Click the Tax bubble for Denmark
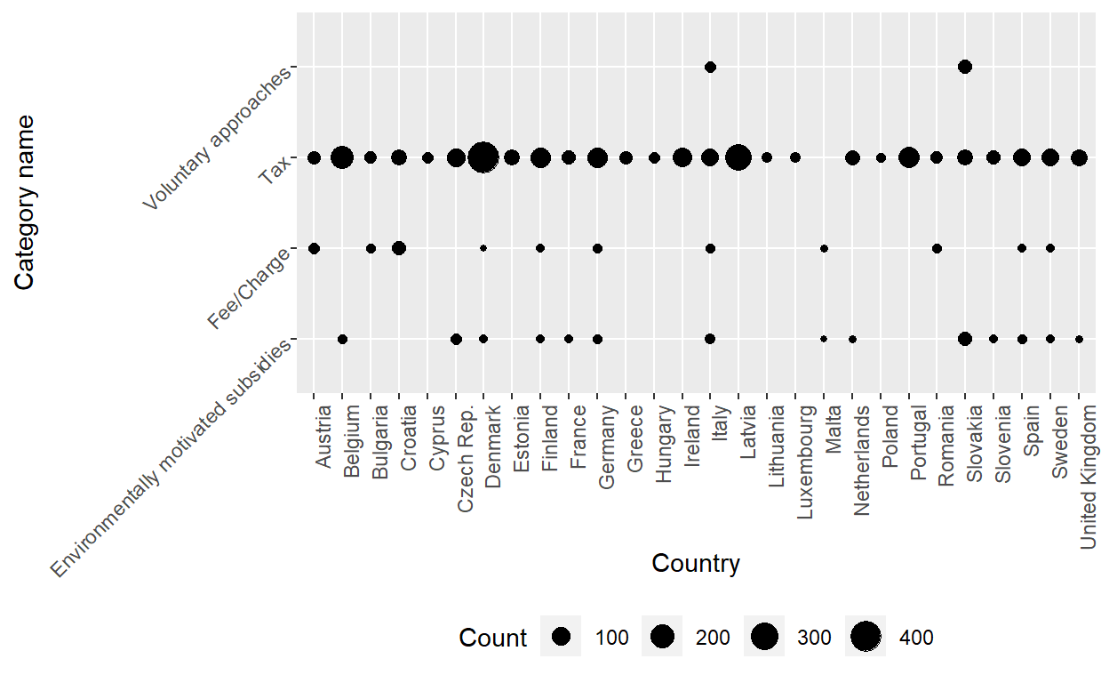click(x=483, y=157)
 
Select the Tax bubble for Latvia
click(x=738, y=157)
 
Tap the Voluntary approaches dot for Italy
click(x=710, y=68)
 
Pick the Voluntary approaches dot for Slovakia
click(x=965, y=67)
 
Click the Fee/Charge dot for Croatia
click(x=399, y=248)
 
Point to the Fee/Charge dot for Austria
click(x=314, y=248)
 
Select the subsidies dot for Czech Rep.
click(x=456, y=339)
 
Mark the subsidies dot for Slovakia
click(x=965, y=339)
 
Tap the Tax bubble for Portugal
click(x=908, y=157)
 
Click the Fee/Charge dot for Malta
click(x=824, y=249)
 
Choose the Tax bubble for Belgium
click(x=342, y=157)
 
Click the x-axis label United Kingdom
click(x=1089, y=477)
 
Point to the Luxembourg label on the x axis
click(x=805, y=462)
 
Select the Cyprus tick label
click(x=436, y=438)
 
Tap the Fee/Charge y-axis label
click(x=250, y=289)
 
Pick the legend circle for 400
click(x=866, y=637)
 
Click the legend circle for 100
click(x=561, y=637)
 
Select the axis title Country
click(x=696, y=564)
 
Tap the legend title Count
click(x=492, y=638)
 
